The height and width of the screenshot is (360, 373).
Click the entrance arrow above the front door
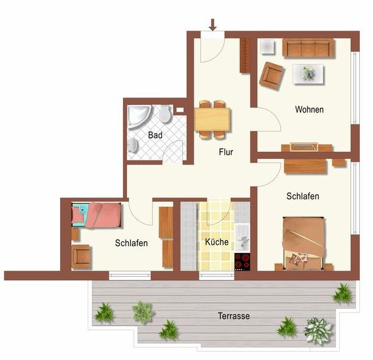point(212,25)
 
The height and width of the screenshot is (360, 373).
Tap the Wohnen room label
point(309,109)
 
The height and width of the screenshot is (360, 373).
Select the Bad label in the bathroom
point(155,135)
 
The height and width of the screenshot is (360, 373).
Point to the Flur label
point(226,152)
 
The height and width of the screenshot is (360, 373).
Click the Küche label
point(217,242)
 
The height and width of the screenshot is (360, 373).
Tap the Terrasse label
point(234,316)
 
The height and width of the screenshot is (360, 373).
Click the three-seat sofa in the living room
point(308,48)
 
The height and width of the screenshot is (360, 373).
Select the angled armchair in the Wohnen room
point(272,75)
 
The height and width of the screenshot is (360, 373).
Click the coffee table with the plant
point(308,74)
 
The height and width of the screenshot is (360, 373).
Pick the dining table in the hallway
point(212,119)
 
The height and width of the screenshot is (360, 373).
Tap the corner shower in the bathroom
point(139,117)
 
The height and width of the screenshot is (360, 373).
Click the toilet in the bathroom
point(165,114)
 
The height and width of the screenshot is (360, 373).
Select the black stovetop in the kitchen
point(242,262)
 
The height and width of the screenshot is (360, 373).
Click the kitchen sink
point(242,237)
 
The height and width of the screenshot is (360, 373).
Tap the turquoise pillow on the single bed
point(80,214)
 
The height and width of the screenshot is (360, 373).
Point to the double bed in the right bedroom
point(303,244)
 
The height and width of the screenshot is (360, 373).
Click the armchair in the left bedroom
point(81,257)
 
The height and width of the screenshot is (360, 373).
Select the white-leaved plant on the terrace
point(318,331)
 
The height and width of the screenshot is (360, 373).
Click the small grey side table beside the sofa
point(267,47)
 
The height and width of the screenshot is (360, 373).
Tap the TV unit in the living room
point(304,147)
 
